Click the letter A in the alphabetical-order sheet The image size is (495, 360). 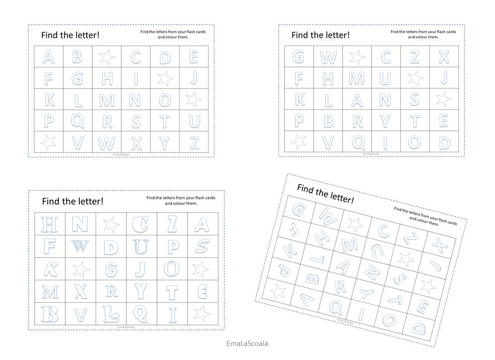pos(48,57)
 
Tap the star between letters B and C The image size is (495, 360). pos(106,57)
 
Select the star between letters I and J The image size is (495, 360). pos(165,78)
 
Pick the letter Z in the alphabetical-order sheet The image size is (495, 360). pos(195,142)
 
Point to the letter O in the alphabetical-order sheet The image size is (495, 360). pos(165,100)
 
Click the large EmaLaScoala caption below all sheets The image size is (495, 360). pos(247,343)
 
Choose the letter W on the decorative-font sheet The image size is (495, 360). pos(80,246)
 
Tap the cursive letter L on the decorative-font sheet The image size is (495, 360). pos(111,314)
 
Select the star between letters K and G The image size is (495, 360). pos(81,269)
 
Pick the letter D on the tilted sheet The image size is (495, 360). pos(418,329)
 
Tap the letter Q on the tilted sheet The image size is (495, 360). pos(336,307)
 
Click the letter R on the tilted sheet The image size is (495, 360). pos(340,286)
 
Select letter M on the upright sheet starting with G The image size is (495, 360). pos(357,78)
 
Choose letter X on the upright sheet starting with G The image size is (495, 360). pos(443,57)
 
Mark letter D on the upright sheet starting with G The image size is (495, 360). pos(443,142)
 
